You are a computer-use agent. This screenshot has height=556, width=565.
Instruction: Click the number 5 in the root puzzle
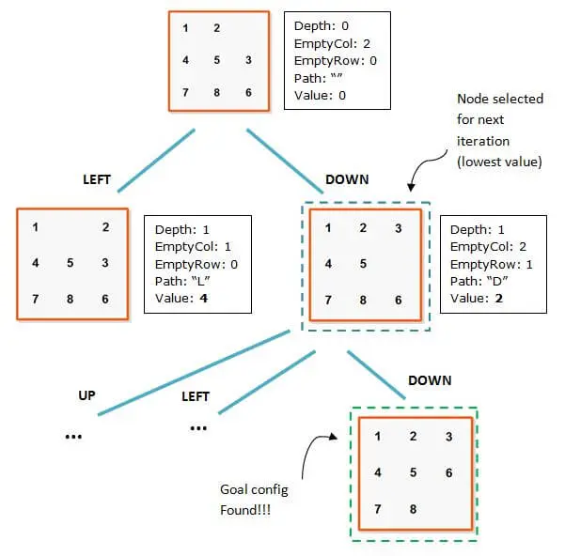216,60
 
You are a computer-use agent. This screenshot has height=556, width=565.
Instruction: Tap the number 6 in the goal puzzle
448,472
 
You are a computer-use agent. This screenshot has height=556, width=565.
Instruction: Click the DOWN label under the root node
347,178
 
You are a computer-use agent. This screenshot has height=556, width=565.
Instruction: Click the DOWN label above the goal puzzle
430,380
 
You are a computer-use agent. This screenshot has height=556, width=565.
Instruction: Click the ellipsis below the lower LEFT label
198,426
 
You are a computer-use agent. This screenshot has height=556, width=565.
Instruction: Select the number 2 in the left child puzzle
105,226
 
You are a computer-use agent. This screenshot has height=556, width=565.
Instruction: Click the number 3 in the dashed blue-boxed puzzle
399,228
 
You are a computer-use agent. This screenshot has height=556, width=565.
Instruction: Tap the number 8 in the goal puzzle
413,509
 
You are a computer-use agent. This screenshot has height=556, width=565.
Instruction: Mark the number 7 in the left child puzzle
35,299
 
